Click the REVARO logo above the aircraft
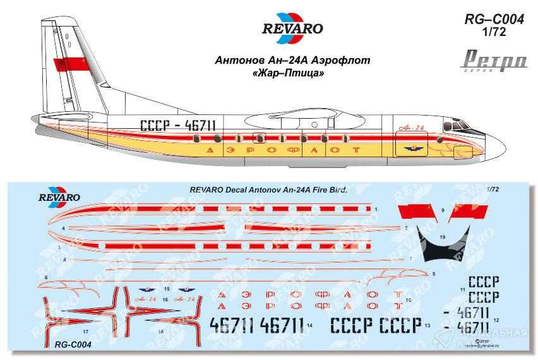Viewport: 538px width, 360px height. [292, 28]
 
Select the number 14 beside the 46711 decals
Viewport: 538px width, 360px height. [311, 325]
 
